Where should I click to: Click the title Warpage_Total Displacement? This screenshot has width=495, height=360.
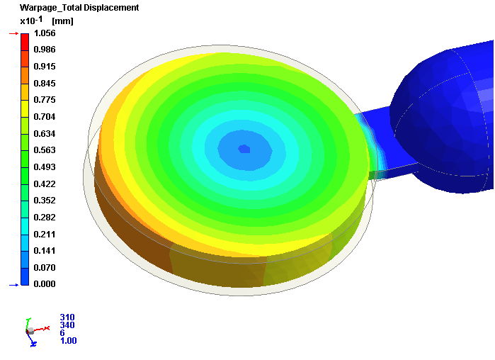[79, 8]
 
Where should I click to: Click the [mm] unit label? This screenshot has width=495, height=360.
[62, 21]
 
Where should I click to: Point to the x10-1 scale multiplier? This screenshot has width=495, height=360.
[31, 21]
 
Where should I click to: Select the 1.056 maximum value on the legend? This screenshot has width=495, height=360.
[45, 33]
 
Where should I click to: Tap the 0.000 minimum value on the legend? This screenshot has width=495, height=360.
[45, 284]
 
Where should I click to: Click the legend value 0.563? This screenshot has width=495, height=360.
[45, 150]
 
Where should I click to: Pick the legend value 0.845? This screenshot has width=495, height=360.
[45, 84]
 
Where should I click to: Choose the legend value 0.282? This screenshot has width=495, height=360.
[45, 218]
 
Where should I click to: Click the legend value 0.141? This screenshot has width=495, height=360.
[45, 251]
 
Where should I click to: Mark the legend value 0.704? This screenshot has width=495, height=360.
[45, 117]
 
